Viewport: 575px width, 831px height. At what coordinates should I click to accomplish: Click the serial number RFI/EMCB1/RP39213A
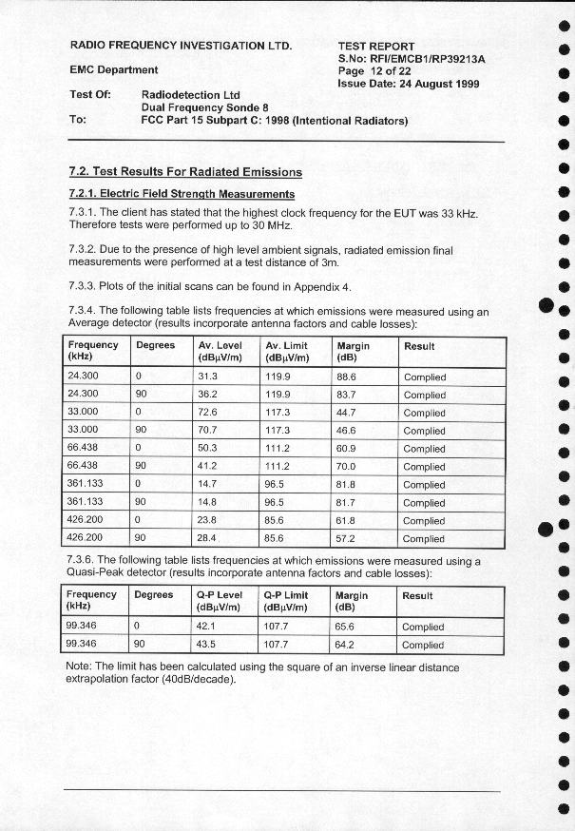pos(425,58)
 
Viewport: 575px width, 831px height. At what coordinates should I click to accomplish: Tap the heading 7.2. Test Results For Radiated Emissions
pos(185,172)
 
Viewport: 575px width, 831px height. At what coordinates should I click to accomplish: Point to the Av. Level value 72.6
pos(208,413)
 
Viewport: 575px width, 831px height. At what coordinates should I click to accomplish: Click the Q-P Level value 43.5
pos(207,645)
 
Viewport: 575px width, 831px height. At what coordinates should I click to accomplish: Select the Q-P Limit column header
pos(286,601)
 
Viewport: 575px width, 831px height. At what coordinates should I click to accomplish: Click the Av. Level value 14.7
pos(208,484)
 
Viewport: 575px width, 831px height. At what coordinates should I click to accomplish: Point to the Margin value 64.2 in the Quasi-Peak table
pos(346,645)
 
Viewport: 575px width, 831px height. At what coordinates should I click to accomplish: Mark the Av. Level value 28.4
pos(208,538)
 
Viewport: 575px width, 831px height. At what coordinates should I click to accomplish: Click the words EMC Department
pos(114,69)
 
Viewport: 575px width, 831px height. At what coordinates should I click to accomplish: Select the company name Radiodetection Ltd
pos(190,95)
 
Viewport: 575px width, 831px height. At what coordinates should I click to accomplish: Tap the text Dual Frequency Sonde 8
pos(204,108)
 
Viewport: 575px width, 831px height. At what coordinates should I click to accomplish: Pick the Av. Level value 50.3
pos(208,448)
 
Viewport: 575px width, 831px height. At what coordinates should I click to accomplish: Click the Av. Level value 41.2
pos(208,466)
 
